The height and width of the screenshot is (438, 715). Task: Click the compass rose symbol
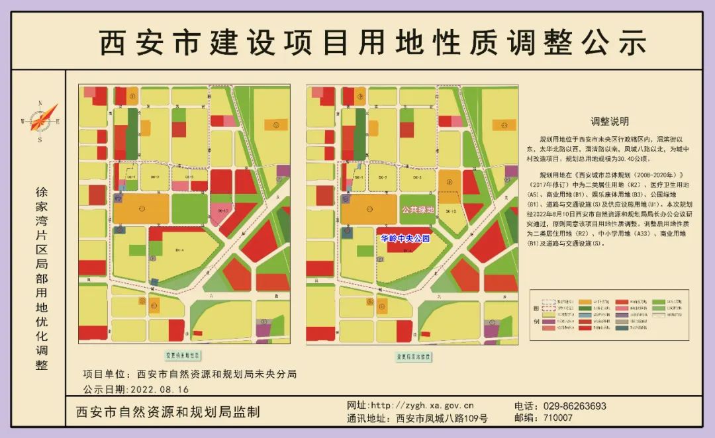point(41,120)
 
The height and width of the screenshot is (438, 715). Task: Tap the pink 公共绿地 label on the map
point(418,210)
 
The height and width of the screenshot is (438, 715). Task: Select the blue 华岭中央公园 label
point(405,238)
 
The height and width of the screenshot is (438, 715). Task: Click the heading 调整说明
point(610,122)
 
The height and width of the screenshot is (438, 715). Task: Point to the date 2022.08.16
point(160,390)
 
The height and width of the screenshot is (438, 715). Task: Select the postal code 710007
point(557,418)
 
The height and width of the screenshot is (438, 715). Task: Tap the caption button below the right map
point(414,357)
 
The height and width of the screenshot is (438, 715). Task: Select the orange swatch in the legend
point(585,302)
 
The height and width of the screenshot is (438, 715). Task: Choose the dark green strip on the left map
point(132,132)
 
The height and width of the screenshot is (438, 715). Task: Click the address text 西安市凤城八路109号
point(442,418)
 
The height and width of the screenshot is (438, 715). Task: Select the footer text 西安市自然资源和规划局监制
point(168,412)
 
